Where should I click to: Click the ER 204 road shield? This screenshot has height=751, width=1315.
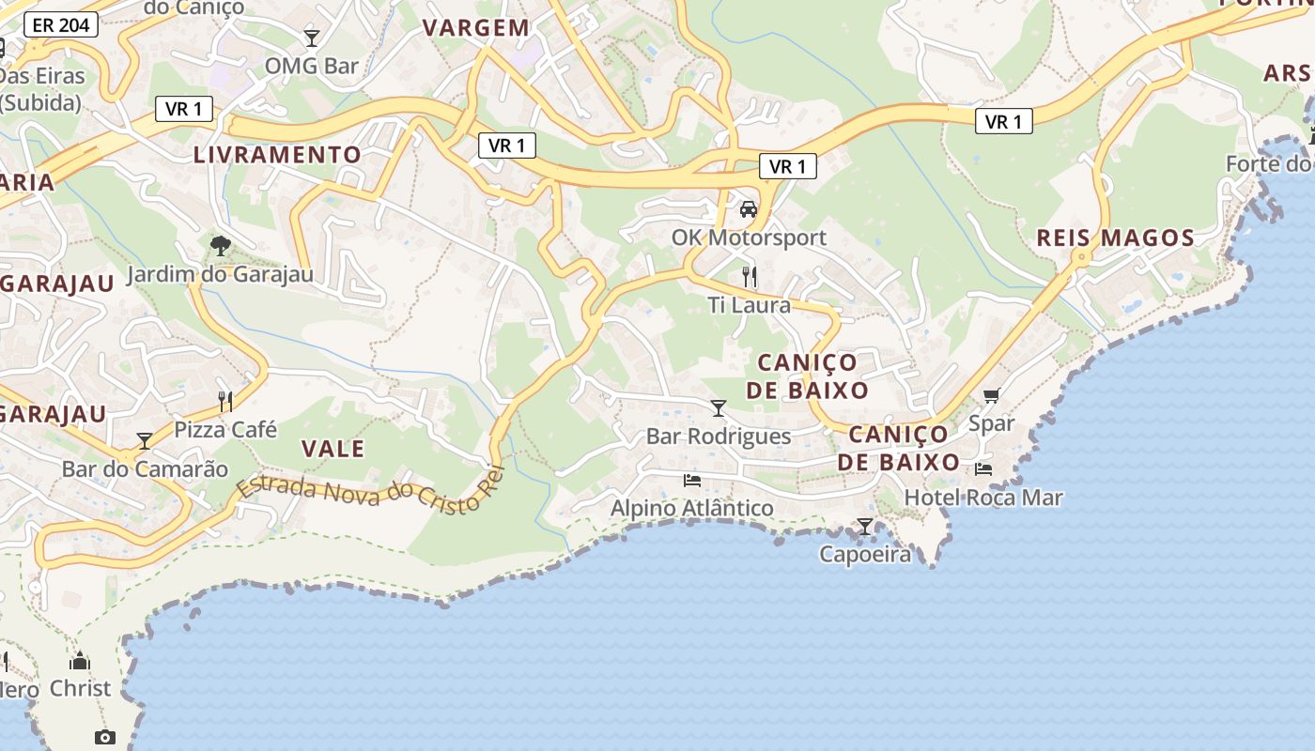pyautogui.click(x=61, y=25)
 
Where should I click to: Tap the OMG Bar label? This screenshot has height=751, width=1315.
pyautogui.click(x=312, y=66)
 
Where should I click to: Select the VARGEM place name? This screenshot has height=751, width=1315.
pyautogui.click(x=476, y=28)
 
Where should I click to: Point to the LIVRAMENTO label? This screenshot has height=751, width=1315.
pyautogui.click(x=277, y=155)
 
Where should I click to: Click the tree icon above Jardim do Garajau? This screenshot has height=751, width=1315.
pyautogui.click(x=221, y=246)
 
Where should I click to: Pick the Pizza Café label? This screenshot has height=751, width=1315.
pyautogui.click(x=226, y=430)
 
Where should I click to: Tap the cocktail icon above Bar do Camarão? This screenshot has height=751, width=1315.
pyautogui.click(x=145, y=440)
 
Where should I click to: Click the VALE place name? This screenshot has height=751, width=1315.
pyautogui.click(x=333, y=449)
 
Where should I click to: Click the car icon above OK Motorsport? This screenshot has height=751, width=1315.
pyautogui.click(x=749, y=208)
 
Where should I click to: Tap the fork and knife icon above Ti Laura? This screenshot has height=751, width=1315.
pyautogui.click(x=749, y=276)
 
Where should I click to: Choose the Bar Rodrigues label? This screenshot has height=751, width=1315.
pyautogui.click(x=719, y=437)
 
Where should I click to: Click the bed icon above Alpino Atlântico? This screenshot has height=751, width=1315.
pyautogui.click(x=692, y=481)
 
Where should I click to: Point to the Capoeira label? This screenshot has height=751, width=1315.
pyautogui.click(x=865, y=554)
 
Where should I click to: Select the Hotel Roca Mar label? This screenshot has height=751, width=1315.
pyautogui.click(x=983, y=498)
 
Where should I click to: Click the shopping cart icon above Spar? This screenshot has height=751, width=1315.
pyautogui.click(x=992, y=396)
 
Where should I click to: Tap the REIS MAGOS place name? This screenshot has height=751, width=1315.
pyautogui.click(x=1115, y=238)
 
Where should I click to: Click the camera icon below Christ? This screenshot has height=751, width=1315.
pyautogui.click(x=105, y=737)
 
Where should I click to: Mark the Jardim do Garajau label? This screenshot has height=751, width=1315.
pyautogui.click(x=220, y=275)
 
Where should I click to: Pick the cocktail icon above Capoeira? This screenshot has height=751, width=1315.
pyautogui.click(x=865, y=527)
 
